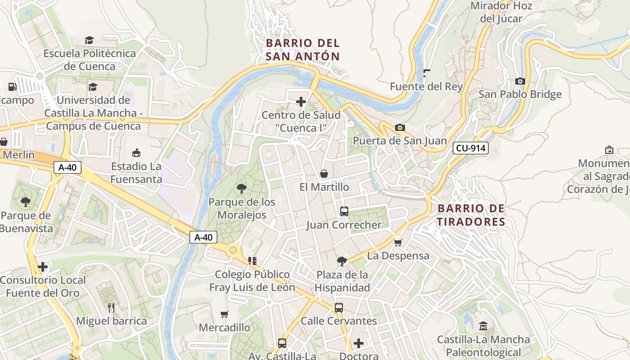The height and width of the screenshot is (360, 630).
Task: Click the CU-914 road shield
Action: coord(471,148)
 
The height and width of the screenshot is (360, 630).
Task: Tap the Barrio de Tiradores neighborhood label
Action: coord(471,215)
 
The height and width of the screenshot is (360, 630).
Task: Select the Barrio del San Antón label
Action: coord(302,49)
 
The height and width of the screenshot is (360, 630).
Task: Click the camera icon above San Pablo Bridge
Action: coord(520,81)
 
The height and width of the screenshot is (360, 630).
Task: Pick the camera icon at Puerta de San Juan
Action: coord(400,127)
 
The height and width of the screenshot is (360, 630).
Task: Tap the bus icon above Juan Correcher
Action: coord(344,211)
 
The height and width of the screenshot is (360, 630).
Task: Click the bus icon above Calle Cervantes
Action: coord(338,308)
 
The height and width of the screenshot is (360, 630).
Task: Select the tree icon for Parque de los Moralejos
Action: coord(242,188)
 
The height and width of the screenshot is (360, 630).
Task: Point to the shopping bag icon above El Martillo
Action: coord(324,173)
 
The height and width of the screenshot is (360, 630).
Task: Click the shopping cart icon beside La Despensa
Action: coord(398,243)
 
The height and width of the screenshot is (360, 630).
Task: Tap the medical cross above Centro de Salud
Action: coord(301,102)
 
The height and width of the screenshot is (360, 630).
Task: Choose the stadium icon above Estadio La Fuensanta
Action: coord(136,153)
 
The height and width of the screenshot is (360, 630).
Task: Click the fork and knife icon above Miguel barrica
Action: coord(111,308)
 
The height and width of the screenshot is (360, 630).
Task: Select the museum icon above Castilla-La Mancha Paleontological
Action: coord(483,326)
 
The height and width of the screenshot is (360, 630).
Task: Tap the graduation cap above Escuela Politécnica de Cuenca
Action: coord(90,40)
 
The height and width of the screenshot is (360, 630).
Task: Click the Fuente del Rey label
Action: coord(426,86)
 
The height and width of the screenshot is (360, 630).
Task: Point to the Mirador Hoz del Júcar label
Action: coord(501,12)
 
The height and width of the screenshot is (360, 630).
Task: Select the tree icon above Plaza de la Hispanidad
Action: coord(342,261)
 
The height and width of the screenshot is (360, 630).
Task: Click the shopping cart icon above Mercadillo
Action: coord(224,314)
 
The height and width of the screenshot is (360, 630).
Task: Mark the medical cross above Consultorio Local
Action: coord(43,267)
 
